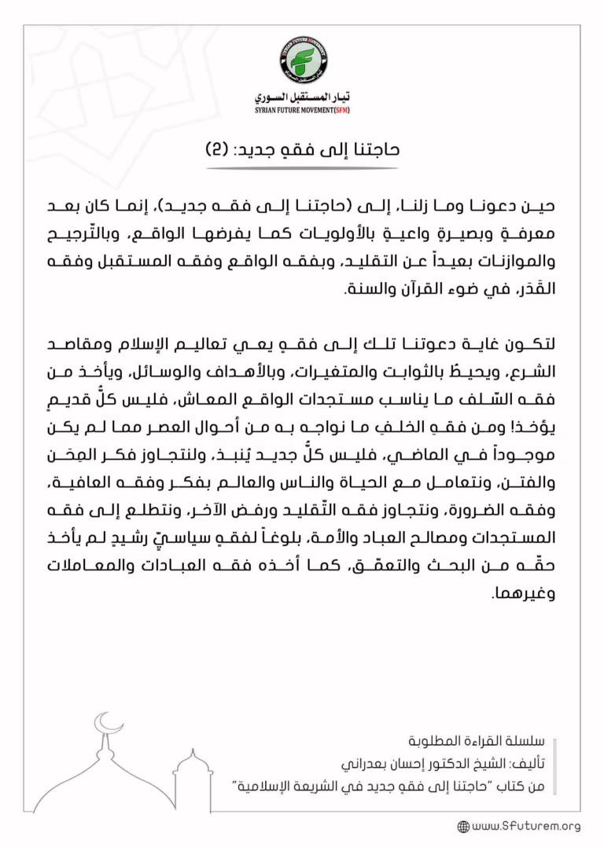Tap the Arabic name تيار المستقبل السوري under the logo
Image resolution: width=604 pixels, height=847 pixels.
302,97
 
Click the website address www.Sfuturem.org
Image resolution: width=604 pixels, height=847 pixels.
526,826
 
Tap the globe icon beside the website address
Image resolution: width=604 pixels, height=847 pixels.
463,827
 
